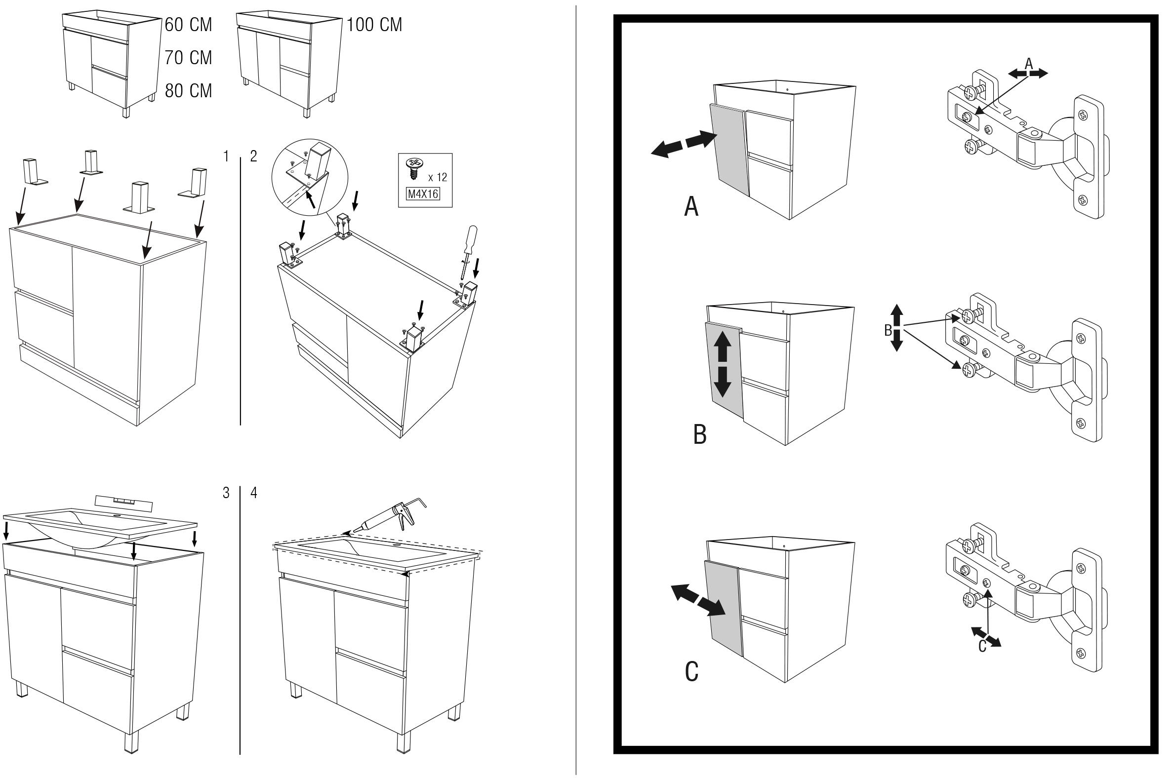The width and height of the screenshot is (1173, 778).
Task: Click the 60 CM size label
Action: tap(188, 25)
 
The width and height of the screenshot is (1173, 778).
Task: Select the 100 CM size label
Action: tap(374, 25)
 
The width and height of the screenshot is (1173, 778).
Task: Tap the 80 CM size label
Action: tap(188, 91)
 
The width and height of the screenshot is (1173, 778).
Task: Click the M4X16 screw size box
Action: tap(423, 194)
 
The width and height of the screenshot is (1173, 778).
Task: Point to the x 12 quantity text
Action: tap(437, 177)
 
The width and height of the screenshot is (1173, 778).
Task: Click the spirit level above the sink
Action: tap(122, 503)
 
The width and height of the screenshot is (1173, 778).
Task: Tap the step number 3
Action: tap(226, 493)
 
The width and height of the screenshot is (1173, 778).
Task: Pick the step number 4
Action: tap(254, 493)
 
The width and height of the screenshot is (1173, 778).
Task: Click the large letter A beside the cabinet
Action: tap(691, 206)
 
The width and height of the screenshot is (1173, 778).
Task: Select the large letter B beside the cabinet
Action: tap(699, 434)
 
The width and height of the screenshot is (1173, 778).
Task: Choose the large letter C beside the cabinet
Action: tap(691, 672)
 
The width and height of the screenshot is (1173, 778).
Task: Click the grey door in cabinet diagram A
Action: tap(728, 150)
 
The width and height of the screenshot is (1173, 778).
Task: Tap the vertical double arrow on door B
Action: tap(722, 364)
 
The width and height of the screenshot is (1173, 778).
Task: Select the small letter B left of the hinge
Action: tap(888, 330)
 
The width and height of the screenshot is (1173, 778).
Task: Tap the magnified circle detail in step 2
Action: tap(310, 177)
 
